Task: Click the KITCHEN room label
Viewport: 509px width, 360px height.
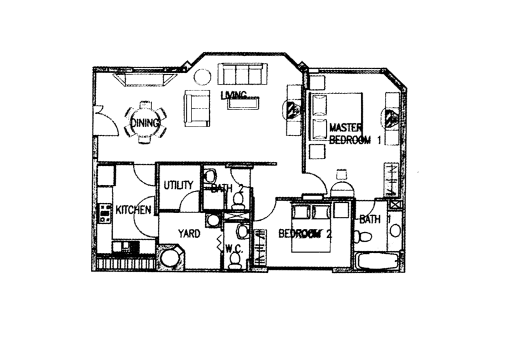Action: [x=134, y=210]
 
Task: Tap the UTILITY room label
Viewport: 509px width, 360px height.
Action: [x=178, y=185]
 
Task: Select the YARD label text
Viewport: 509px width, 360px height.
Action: [x=189, y=233]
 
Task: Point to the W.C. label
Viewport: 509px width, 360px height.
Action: [x=234, y=249]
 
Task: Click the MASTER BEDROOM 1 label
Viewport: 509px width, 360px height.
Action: [x=354, y=134]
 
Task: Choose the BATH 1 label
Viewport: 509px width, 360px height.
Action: [x=374, y=219]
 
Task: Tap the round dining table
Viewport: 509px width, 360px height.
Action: [x=145, y=123]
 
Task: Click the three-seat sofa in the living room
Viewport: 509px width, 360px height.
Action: [x=242, y=74]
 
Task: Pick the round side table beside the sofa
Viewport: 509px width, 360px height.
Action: [x=202, y=77]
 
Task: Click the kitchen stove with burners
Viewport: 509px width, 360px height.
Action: [x=104, y=213]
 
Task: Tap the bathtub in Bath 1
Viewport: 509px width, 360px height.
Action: [x=377, y=261]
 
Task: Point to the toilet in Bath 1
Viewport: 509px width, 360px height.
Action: [x=363, y=237]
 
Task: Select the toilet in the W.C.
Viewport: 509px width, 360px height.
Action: [x=234, y=261]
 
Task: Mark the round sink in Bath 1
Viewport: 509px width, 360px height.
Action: [x=395, y=230]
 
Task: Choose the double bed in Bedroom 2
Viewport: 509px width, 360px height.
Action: [x=310, y=226]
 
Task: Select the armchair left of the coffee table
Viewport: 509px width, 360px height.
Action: [x=197, y=108]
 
